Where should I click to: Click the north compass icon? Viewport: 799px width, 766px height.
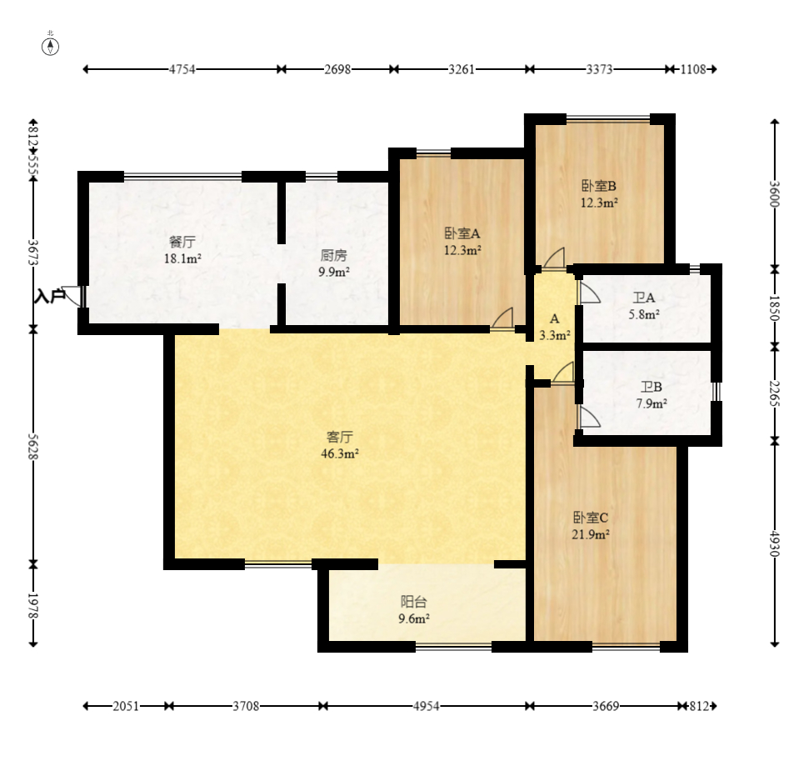tap(50, 47)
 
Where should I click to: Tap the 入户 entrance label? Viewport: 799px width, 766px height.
tap(49, 296)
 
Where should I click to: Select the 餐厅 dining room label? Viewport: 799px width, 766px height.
tap(182, 241)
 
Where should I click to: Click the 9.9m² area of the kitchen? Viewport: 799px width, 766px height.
tap(334, 272)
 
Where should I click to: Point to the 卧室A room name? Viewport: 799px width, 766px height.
tap(462, 233)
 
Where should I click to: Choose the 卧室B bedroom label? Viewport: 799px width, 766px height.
tap(599, 186)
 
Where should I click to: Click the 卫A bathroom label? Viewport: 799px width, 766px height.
tap(643, 297)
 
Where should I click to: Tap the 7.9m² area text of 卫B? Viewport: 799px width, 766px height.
tap(652, 404)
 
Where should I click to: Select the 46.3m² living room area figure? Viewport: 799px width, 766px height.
tap(340, 453)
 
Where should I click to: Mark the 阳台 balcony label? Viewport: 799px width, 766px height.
tap(413, 602)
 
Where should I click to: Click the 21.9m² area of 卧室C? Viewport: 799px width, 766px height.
tap(591, 534)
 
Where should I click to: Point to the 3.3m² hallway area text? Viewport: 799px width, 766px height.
tap(554, 335)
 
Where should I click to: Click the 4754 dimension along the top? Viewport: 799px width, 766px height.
tap(182, 69)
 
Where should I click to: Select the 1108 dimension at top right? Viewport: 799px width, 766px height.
tap(693, 69)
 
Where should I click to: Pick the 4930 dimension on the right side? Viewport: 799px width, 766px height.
tap(775, 543)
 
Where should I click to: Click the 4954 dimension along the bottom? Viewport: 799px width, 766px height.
tap(426, 706)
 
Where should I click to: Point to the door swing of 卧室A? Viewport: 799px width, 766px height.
tap(502, 318)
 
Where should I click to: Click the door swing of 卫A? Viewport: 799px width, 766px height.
tap(589, 293)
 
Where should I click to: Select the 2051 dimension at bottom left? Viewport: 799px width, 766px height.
tap(125, 706)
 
